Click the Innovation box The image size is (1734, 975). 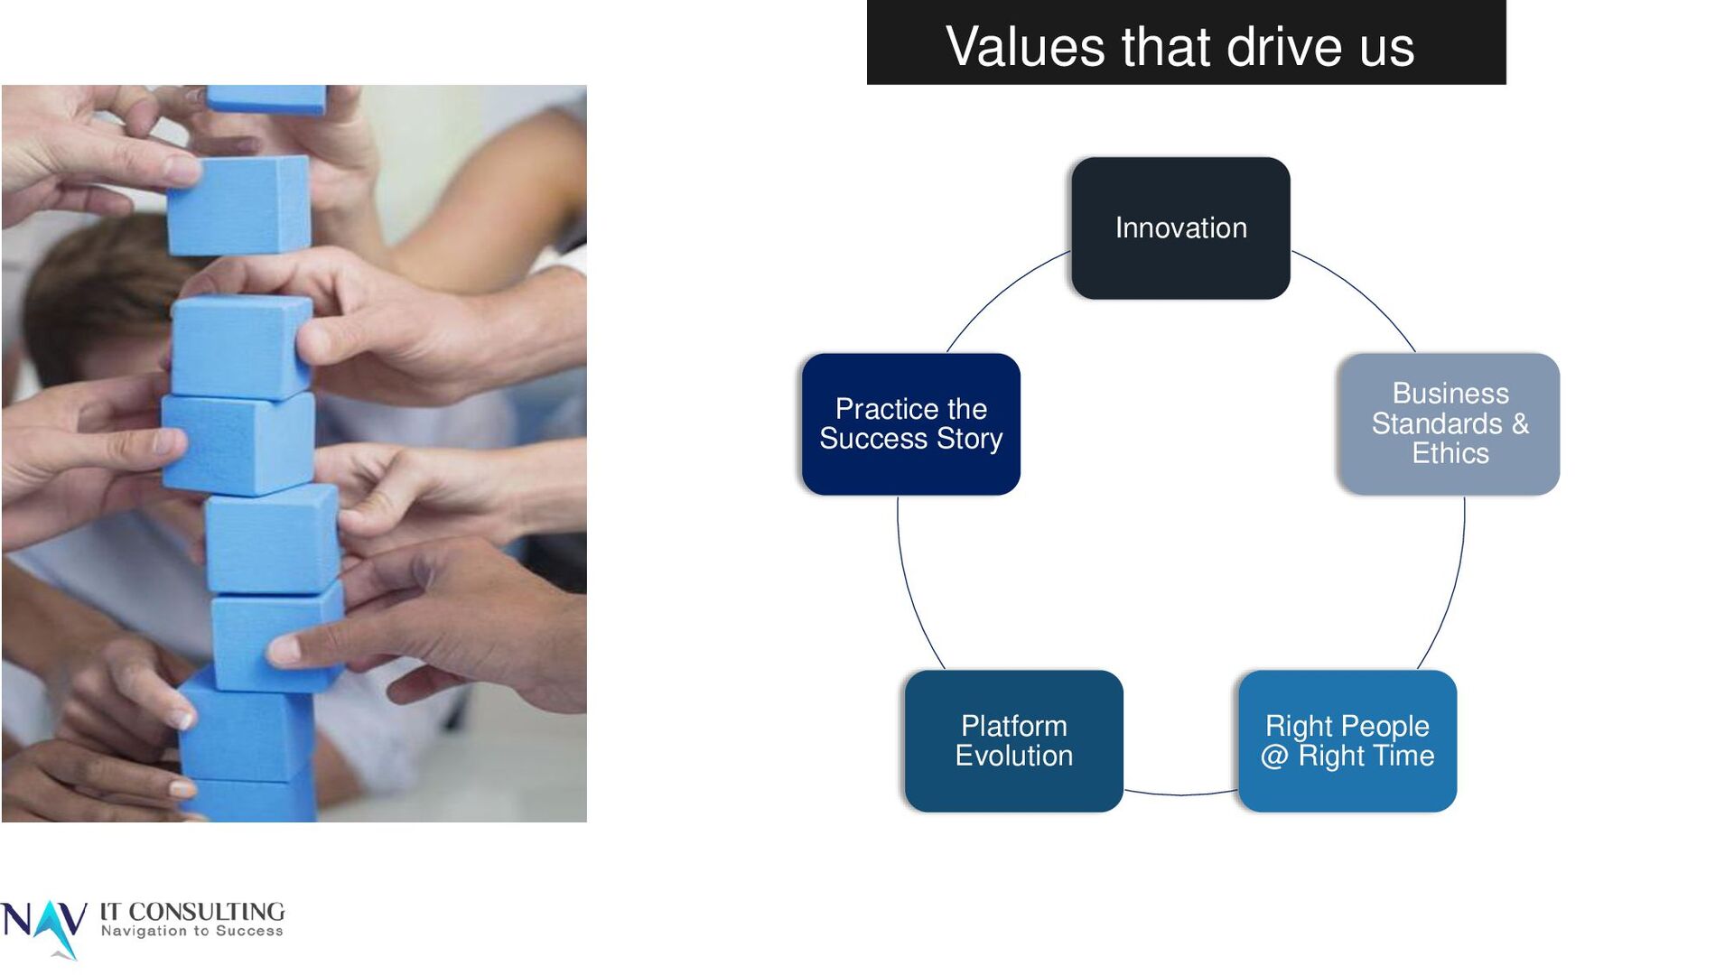pos(1180,227)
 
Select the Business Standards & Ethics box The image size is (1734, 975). pos(1450,423)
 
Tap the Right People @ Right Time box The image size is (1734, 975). pos(1347,740)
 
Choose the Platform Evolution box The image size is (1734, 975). pos(1013,740)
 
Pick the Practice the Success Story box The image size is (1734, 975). pos(910,423)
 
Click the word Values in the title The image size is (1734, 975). pos(1024,46)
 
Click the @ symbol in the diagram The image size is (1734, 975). pos(1274,757)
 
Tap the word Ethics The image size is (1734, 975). pos(1450,453)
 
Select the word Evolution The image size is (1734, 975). pos(1013,756)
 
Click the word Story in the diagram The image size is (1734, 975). pos(969,439)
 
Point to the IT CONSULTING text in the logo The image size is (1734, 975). pos(191,912)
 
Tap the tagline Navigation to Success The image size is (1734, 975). pos(191,931)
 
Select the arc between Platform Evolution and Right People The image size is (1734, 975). pos(1180,794)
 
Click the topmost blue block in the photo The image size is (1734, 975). pos(266,98)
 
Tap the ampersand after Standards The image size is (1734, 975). pos(1520,423)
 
